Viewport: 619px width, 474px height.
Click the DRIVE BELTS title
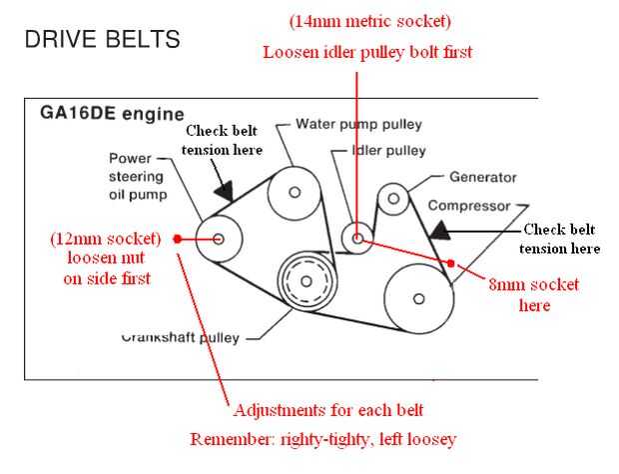click(103, 39)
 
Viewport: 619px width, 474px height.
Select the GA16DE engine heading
click(112, 113)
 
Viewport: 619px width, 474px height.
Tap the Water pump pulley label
click(358, 125)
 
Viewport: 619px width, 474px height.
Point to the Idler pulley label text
click(388, 150)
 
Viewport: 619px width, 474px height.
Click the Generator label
click(483, 177)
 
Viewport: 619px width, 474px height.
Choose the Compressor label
click(469, 206)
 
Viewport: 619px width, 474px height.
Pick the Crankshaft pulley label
click(180, 338)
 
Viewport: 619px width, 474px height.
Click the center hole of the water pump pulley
click(295, 192)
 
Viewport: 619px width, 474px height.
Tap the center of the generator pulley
click(393, 198)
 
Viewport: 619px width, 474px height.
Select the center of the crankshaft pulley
click(307, 281)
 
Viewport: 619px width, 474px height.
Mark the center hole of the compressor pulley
click(419, 298)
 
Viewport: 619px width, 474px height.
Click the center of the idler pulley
click(357, 238)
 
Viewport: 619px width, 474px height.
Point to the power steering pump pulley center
click(219, 239)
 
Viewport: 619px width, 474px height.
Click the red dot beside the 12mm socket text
click(178, 239)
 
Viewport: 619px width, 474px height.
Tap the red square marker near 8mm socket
click(451, 263)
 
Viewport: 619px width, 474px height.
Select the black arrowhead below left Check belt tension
click(225, 190)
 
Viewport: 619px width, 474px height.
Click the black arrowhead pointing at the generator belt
click(439, 230)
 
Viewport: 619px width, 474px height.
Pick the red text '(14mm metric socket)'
click(369, 21)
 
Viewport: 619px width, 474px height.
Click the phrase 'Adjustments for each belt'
click(328, 410)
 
